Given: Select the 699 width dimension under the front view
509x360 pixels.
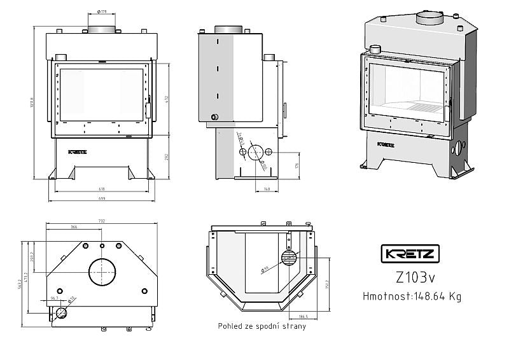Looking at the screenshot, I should click(102, 198).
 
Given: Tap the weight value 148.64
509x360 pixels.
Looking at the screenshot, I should click(429, 296).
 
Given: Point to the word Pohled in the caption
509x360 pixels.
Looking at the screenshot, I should click(230, 327).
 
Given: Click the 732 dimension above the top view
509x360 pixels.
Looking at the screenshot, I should click(102, 221).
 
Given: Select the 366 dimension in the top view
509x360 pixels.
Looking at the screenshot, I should click(74, 227).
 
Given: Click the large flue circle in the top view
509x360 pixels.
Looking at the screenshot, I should click(102, 272).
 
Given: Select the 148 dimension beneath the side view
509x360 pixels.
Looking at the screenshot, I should click(267, 189).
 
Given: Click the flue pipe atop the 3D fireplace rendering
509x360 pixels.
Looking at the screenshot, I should click(429, 17).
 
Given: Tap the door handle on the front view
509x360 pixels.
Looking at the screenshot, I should click(148, 111).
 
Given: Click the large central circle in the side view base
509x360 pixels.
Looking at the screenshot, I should click(256, 152).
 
